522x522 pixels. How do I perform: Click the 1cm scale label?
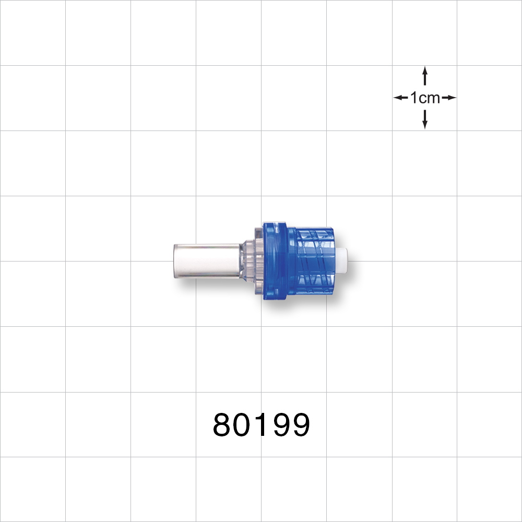(425, 98)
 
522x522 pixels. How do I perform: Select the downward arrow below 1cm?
(425, 120)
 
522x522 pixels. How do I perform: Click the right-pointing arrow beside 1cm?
(449, 98)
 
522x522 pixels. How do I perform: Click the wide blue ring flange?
(274, 261)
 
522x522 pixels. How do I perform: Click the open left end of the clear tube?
(174, 260)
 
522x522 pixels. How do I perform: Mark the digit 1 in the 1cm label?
(414, 98)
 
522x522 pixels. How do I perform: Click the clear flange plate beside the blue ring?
(258, 261)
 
